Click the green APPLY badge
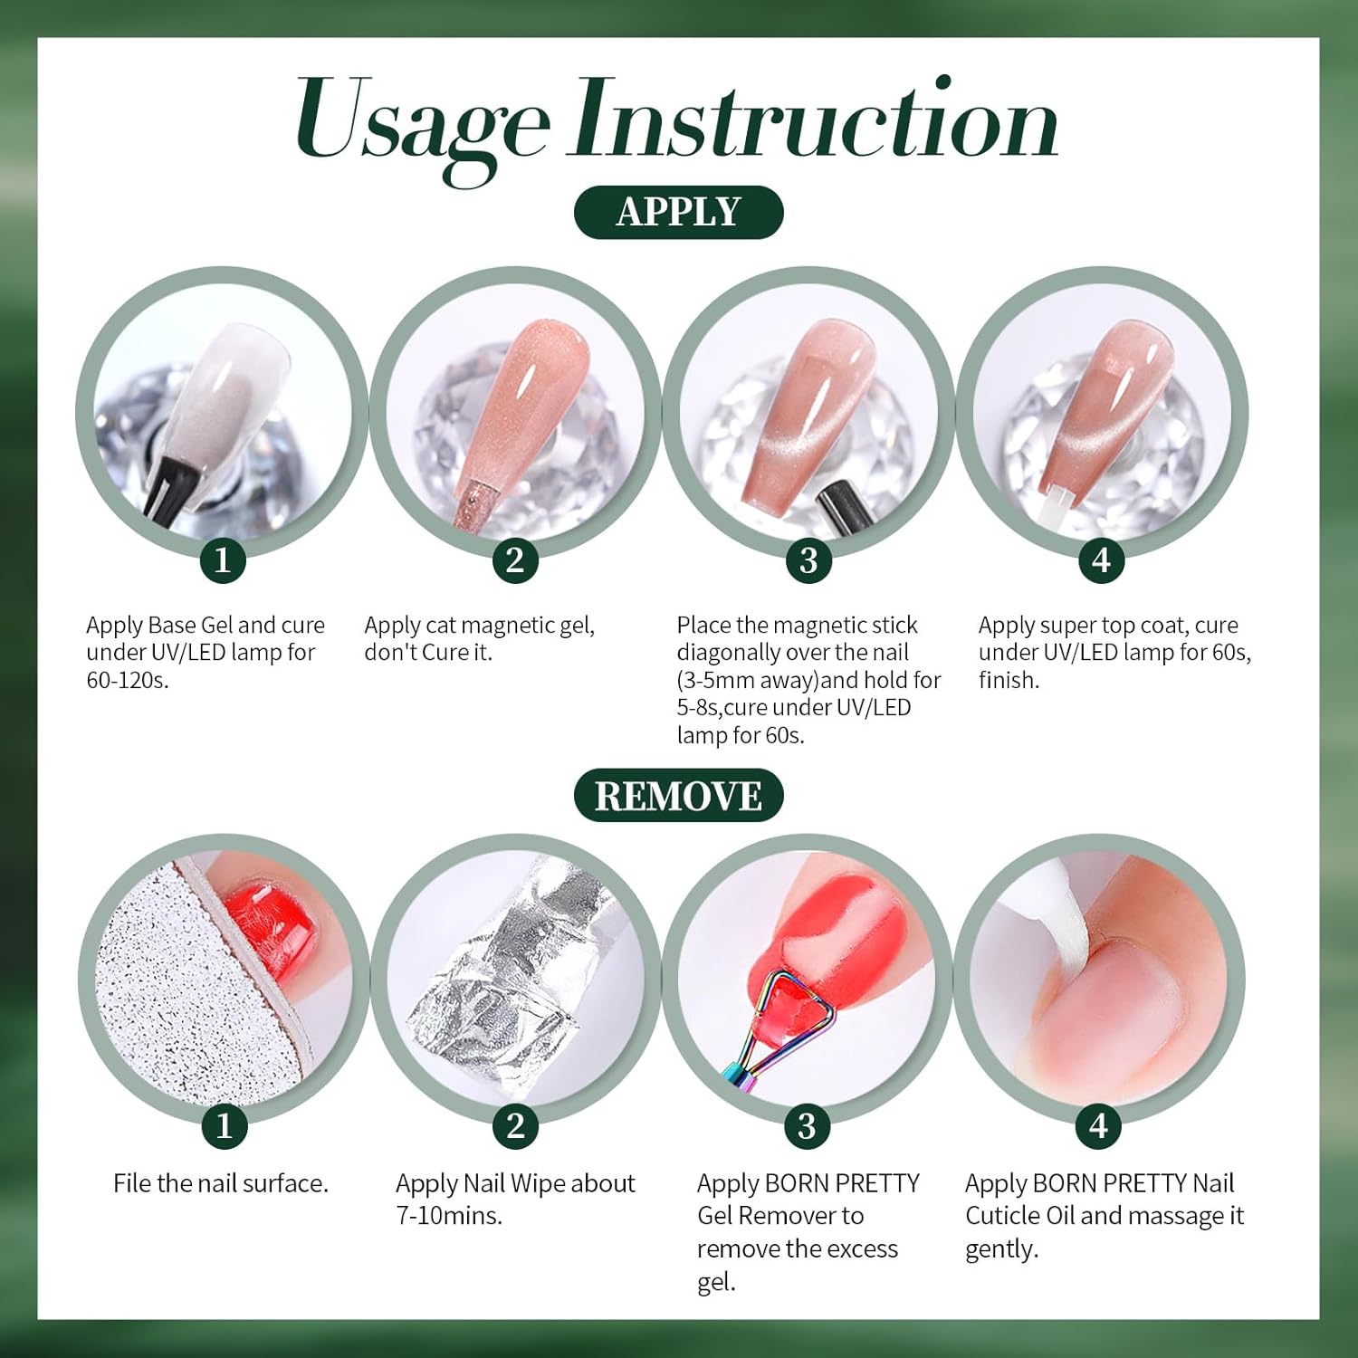tap(678, 212)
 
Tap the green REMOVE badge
tap(678, 796)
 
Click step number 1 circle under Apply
tap(223, 560)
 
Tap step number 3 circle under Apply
tap(808, 560)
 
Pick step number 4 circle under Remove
tap(1098, 1125)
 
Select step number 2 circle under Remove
tap(515, 1125)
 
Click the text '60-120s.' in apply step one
tap(128, 680)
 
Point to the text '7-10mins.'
tap(449, 1216)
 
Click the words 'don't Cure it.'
tap(428, 652)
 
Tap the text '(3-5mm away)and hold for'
tap(808, 680)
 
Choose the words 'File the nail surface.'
tap(221, 1183)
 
